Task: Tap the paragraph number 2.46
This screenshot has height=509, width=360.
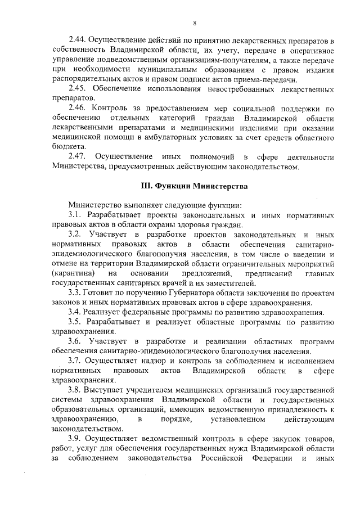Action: (x=76, y=109)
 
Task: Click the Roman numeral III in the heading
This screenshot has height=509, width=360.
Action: (x=146, y=185)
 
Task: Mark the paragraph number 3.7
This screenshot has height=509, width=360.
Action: (x=74, y=361)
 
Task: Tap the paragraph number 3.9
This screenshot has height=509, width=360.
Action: (x=74, y=438)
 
